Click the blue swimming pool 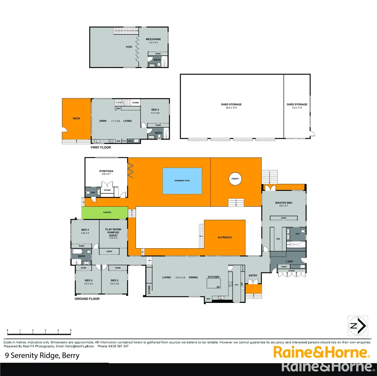[182, 181]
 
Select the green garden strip [105, 212]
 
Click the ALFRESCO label [225, 237]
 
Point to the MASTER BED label [284, 203]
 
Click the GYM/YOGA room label [106, 171]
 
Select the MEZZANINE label [154, 39]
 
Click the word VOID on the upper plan [129, 47]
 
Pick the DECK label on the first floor [76, 118]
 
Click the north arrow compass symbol [358, 326]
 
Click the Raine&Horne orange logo [321, 352]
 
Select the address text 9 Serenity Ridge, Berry [42, 355]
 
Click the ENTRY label [253, 276]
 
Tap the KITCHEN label [214, 277]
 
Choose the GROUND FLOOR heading [87, 299]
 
